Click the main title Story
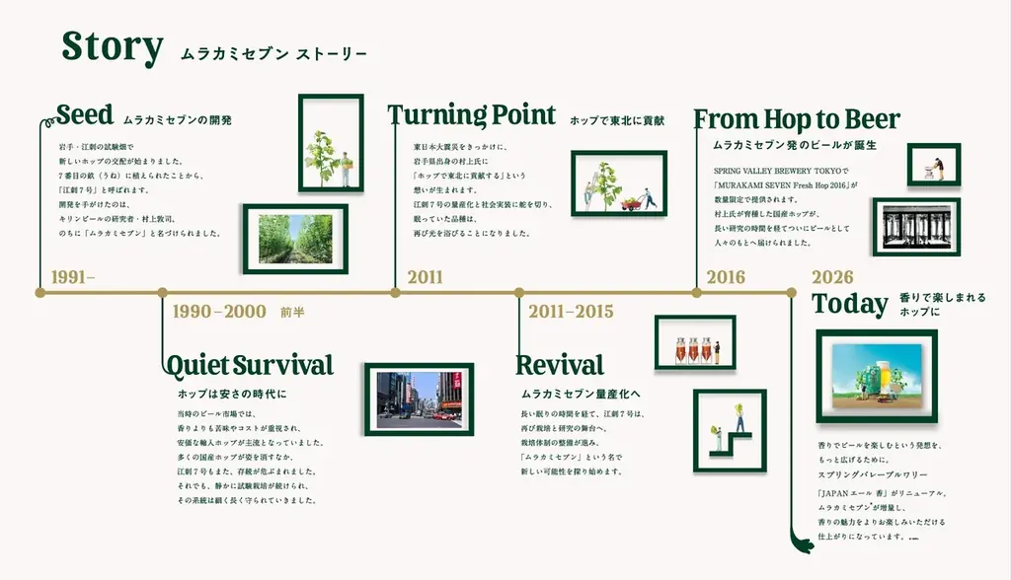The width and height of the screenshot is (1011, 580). click(x=112, y=46)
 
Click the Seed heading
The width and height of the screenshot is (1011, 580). click(x=85, y=114)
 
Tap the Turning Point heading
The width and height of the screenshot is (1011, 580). click(x=473, y=115)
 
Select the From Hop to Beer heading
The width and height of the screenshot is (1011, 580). click(x=797, y=120)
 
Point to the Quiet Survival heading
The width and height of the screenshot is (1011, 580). click(x=250, y=365)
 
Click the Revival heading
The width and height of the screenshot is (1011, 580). click(x=560, y=365)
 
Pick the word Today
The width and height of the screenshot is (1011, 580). click(x=850, y=304)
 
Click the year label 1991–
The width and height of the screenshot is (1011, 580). click(x=73, y=277)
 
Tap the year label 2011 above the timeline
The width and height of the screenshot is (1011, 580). click(x=425, y=277)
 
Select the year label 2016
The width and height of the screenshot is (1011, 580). click(x=726, y=277)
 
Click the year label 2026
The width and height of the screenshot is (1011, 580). click(x=832, y=277)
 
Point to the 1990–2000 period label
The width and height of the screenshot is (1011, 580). click(x=219, y=312)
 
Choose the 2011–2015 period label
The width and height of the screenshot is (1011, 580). click(x=571, y=312)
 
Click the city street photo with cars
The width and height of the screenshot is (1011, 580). click(x=419, y=399)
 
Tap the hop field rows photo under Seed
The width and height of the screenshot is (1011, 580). click(x=295, y=239)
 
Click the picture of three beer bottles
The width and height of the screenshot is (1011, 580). click(x=696, y=342)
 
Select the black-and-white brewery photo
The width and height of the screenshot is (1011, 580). click(x=916, y=226)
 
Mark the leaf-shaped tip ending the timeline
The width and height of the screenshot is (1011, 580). click(x=802, y=541)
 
